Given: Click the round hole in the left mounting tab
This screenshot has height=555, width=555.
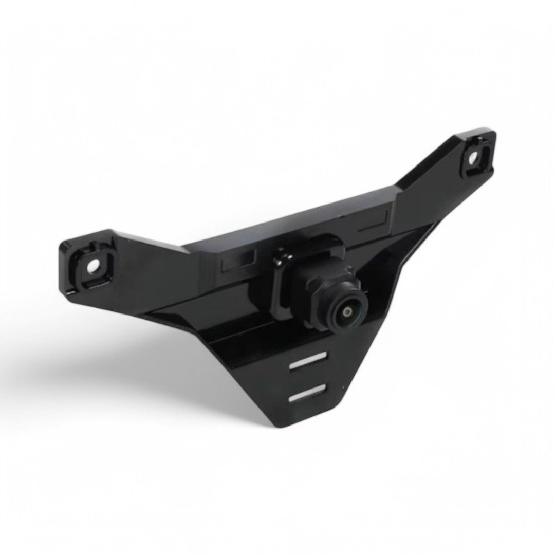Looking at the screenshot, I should tap(92, 266).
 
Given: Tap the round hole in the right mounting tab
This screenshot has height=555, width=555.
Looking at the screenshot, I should tap(472, 157).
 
